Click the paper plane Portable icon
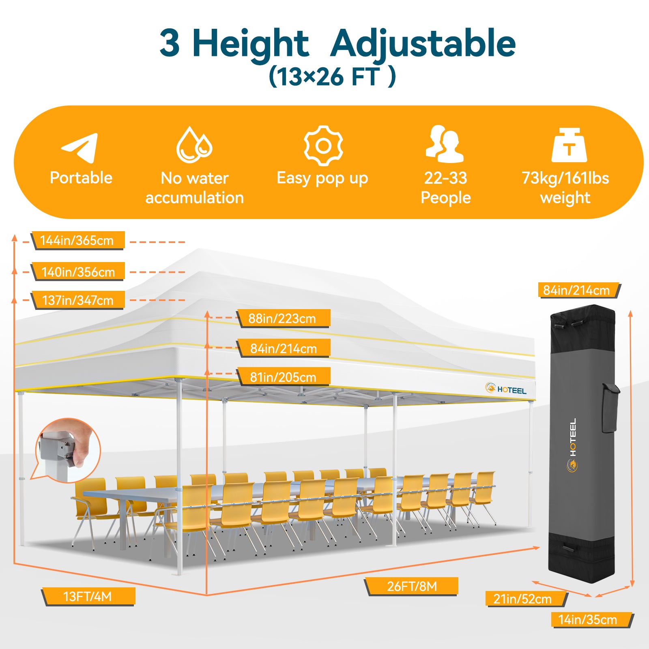80,148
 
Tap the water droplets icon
194,145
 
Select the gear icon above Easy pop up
323,146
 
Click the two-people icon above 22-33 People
445,144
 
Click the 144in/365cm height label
77,241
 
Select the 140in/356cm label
77,272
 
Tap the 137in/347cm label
77,301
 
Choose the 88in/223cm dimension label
283,318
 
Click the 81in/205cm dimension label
283,377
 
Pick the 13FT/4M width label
88,597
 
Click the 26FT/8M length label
411,587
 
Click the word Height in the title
250,44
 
